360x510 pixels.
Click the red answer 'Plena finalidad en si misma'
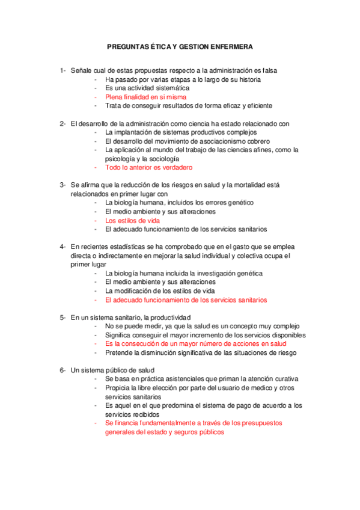point(145,96)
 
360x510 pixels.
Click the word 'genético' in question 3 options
point(240,203)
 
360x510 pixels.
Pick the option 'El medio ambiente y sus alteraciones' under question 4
point(160,282)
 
